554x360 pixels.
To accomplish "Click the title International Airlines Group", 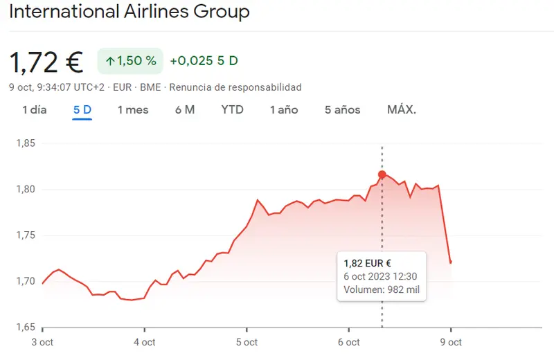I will tap(129, 12).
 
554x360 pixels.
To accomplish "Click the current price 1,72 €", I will tap(46, 62).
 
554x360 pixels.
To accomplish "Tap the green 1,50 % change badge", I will tap(130, 61).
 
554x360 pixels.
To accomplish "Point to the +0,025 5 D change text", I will tap(204, 61).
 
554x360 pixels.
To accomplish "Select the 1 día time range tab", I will tap(35, 109).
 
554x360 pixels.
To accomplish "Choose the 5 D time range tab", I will tap(82, 109).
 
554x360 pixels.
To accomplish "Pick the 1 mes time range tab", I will tap(133, 109).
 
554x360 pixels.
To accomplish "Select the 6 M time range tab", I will tap(185, 109).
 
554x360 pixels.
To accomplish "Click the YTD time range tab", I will tap(233, 109).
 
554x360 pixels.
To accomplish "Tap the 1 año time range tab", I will tap(284, 109).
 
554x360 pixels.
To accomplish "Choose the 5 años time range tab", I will tap(343, 109).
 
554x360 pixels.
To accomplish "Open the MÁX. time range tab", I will tap(402, 109).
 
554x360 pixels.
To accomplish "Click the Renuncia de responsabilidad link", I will tap(235, 87).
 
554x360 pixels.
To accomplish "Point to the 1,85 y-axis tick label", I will tap(26, 143).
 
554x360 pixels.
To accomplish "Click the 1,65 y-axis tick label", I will tap(26, 327).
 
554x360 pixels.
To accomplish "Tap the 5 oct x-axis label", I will tap(247, 342).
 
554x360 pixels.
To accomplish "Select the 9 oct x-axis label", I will tap(451, 342).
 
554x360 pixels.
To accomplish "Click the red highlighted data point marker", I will tap(382, 174).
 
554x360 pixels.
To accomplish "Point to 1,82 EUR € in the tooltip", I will tap(368, 263).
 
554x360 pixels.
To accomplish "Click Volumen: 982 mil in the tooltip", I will tap(382, 289).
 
